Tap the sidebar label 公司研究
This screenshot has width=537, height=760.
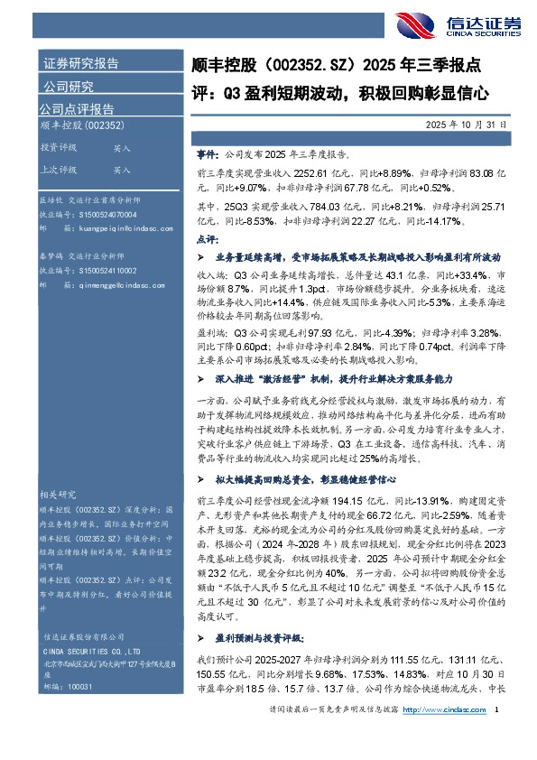click(67, 87)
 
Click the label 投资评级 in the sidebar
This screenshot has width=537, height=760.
click(58, 147)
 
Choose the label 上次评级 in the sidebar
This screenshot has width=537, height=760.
click(58, 169)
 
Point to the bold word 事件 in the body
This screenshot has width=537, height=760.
click(206, 155)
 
